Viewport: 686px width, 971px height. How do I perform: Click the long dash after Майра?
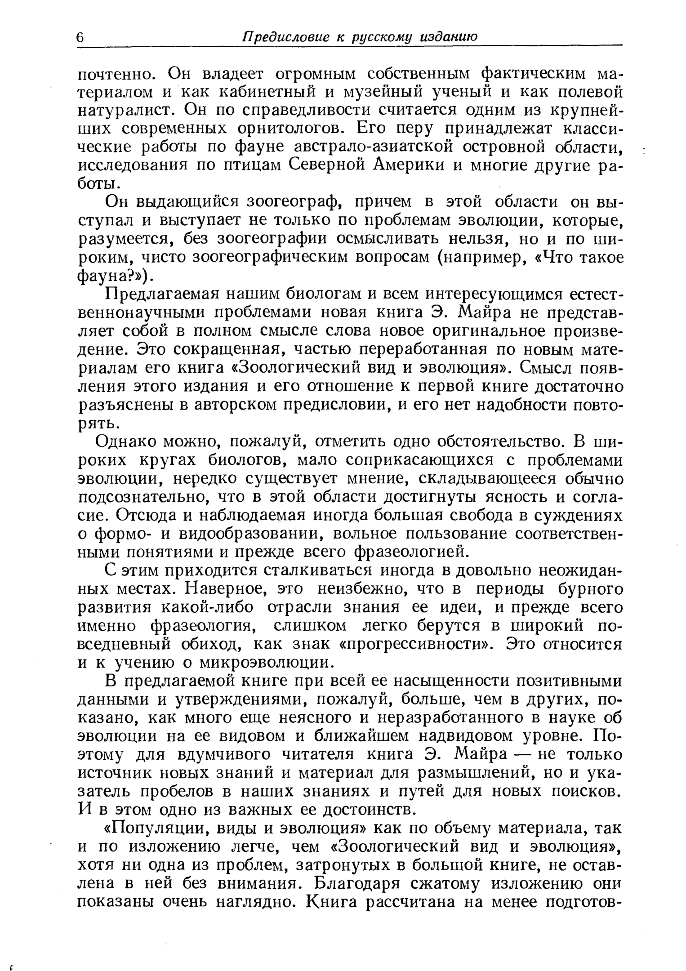pos(522,754)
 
